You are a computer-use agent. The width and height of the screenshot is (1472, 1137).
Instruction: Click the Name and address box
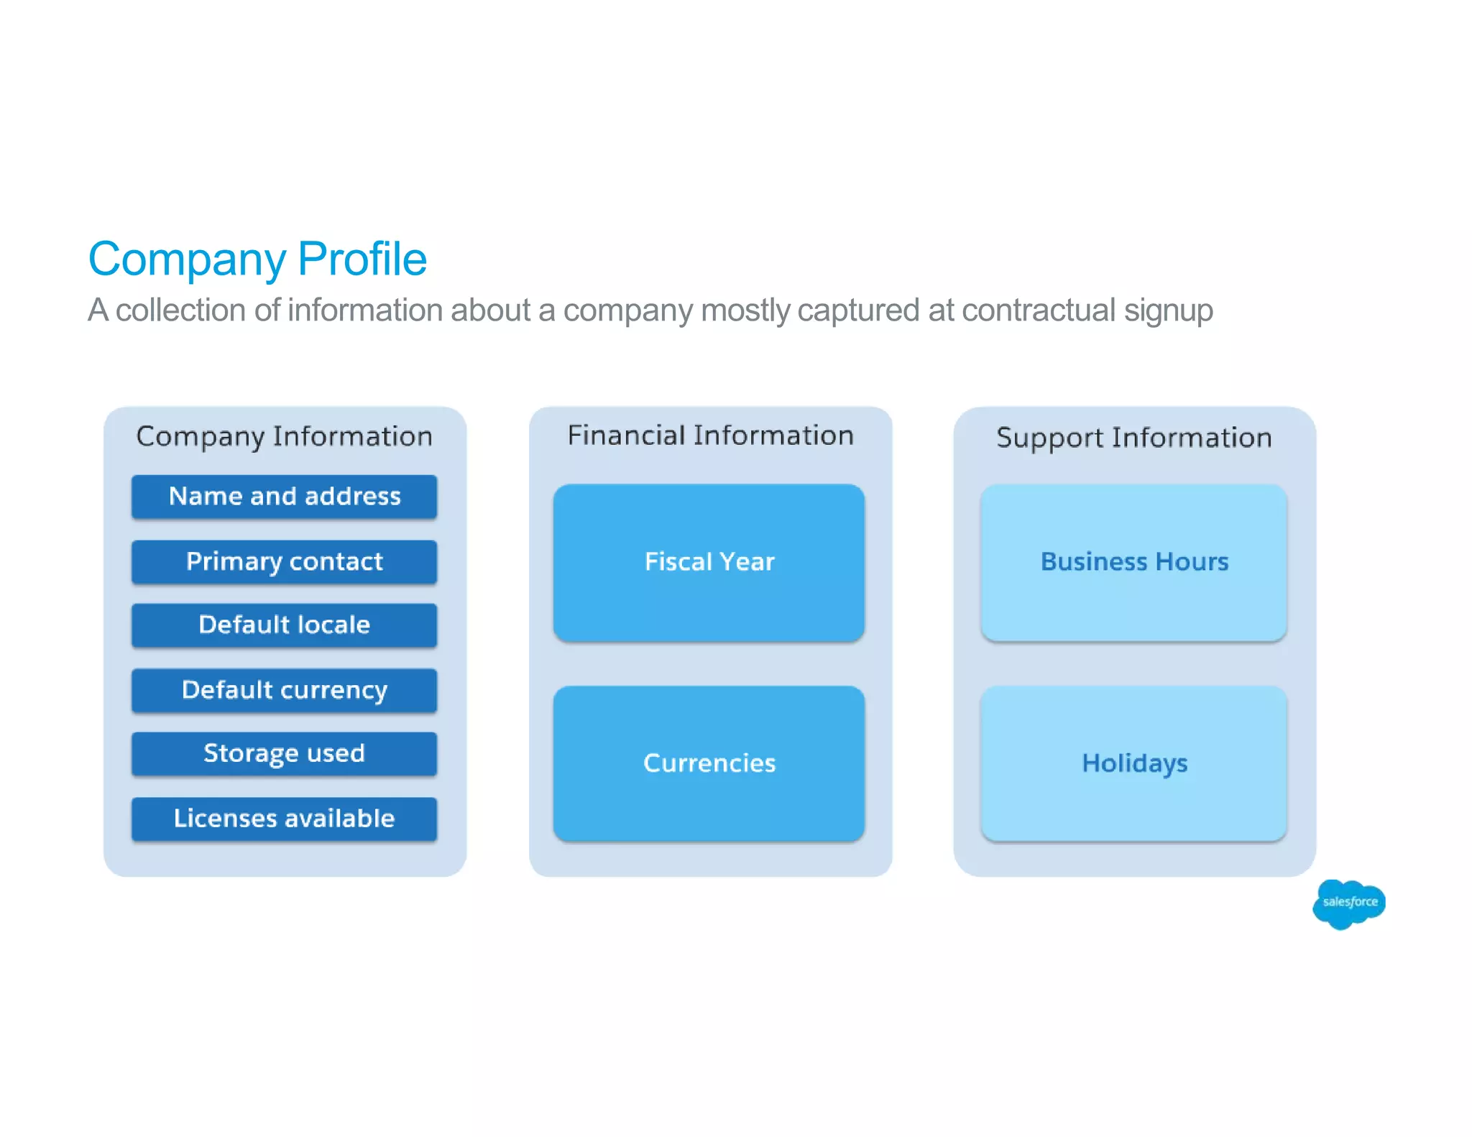(284, 497)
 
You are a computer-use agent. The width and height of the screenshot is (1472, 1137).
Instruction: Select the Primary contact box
(284, 561)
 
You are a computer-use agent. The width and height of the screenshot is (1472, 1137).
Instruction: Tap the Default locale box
(284, 625)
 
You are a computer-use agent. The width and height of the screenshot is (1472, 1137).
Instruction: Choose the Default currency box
(284, 690)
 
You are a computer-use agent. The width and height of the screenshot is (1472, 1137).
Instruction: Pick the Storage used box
(284, 754)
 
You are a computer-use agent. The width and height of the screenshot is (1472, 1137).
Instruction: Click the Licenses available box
(284, 819)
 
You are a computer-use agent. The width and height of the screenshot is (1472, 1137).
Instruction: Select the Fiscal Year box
(709, 562)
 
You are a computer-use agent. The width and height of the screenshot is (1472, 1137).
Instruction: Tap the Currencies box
(709, 763)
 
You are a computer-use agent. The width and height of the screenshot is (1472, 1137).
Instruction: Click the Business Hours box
(1133, 562)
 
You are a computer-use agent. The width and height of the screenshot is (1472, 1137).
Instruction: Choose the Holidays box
(1133, 763)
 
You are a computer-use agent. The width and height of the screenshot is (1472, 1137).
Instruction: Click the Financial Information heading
(710, 436)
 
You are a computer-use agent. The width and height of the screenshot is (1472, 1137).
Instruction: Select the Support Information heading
(1133, 438)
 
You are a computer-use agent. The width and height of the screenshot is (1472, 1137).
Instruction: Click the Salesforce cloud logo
(1348, 903)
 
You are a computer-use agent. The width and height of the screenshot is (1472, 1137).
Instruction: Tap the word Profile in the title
(362, 259)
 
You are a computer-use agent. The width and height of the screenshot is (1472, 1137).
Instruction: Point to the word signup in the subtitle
(1169, 311)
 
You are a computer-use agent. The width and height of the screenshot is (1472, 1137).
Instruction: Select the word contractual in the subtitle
(1039, 310)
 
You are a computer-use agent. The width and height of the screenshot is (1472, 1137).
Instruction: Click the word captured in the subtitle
(858, 311)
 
